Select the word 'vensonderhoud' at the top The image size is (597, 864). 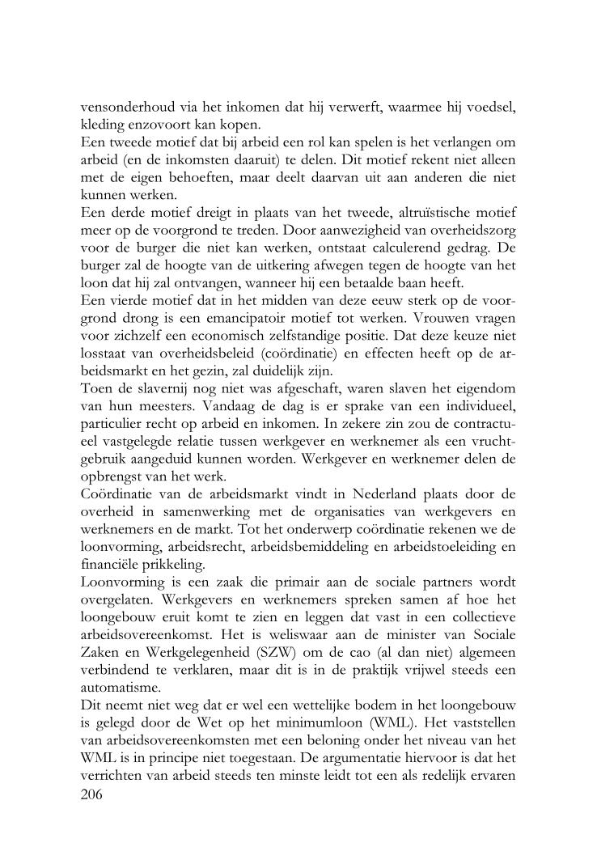(125, 108)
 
